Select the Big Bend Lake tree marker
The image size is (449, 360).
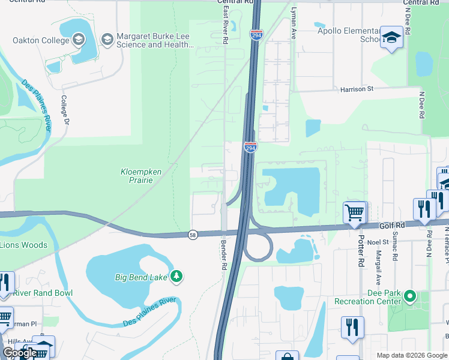pyautogui.click(x=176, y=277)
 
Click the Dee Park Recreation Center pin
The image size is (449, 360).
pyautogui.click(x=410, y=296)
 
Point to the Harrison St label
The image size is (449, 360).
pyautogui.click(x=357, y=89)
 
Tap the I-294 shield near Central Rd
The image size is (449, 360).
pyautogui.click(x=256, y=35)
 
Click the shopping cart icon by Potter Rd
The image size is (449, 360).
pyautogui.click(x=354, y=212)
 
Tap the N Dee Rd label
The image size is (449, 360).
pyautogui.click(x=422, y=104)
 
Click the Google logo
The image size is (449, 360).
pyautogui.click(x=19, y=353)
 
